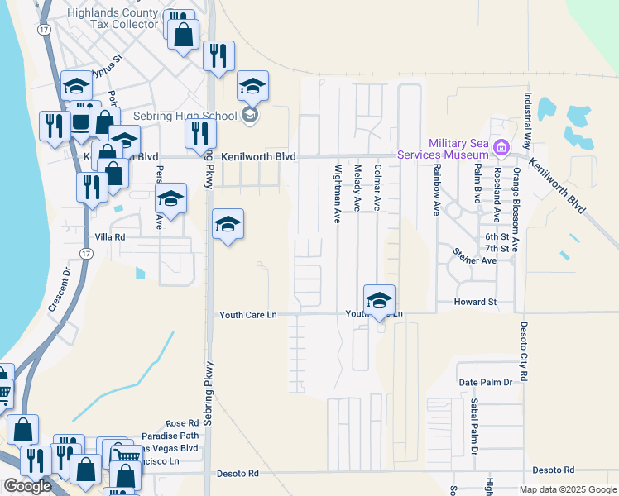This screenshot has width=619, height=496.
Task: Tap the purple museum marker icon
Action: [500, 148]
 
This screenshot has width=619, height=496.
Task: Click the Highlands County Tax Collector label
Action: [112, 18]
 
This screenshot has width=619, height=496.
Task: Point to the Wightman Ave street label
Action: [338, 193]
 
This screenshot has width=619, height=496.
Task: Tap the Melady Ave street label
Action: [357, 188]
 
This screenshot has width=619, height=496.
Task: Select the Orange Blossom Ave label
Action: [516, 208]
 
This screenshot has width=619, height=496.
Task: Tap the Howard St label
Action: [475, 303]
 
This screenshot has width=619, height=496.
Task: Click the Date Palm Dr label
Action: [486, 383]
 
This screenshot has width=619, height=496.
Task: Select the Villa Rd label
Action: [109, 237]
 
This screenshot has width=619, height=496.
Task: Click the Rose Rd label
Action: [182, 423]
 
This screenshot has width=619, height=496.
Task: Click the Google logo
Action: [26, 486]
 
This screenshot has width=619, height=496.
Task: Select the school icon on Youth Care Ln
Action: [379, 300]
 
